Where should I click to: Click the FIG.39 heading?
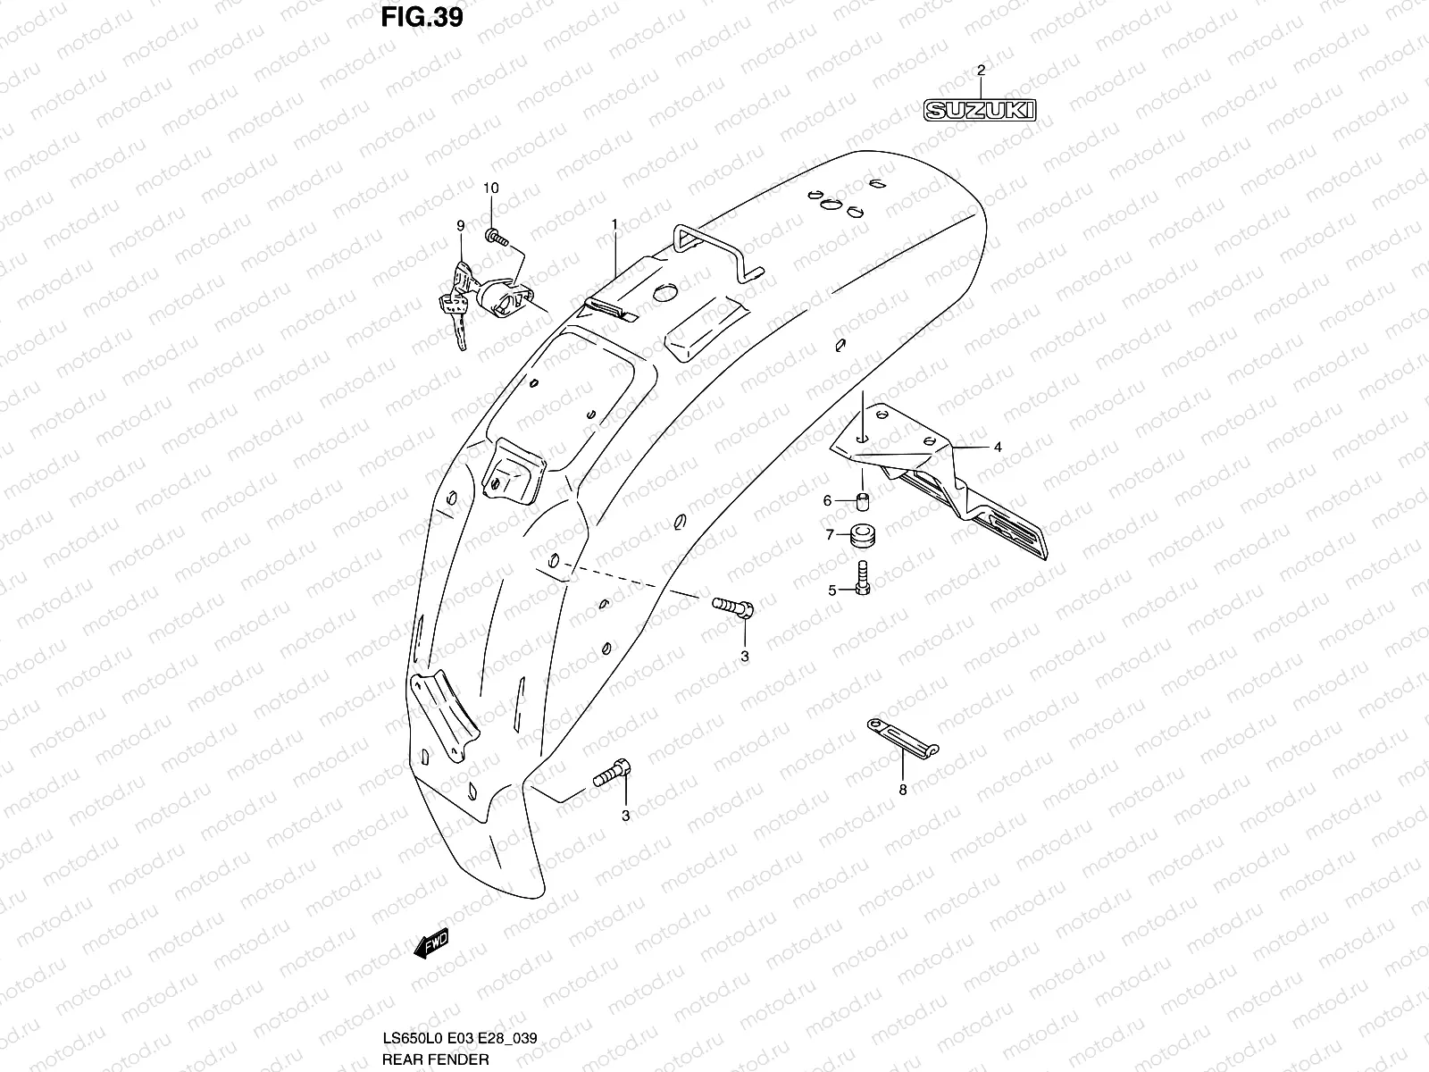coord(422,17)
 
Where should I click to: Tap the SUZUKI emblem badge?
coord(980,110)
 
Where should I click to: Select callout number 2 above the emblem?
coord(981,70)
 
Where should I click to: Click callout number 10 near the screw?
coord(491,188)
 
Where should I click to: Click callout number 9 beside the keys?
coord(460,226)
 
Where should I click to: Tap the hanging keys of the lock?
coord(456,308)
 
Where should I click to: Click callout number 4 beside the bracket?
coord(998,448)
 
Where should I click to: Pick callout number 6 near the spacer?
coord(827,501)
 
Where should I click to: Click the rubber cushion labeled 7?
coord(861,536)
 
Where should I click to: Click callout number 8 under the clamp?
coord(903,790)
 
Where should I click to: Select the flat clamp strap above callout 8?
coord(901,737)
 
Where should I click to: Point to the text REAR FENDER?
coord(436,1059)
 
